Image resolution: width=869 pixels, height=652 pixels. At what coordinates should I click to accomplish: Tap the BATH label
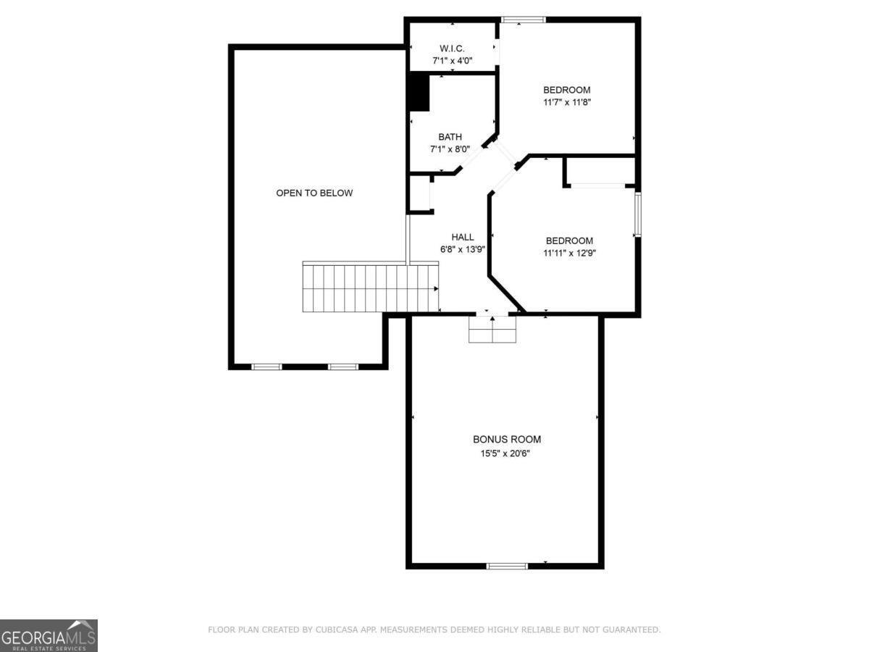coord(450,137)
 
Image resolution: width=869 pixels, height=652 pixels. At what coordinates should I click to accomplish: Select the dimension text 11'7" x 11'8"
coord(567,102)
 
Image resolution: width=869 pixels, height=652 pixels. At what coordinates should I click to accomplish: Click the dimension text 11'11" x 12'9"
coord(569,253)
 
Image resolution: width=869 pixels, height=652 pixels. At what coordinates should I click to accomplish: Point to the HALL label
coord(463,237)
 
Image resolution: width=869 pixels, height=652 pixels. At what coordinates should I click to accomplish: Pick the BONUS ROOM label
coord(507,439)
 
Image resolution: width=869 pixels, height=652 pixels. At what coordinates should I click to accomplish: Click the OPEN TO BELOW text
coord(314,193)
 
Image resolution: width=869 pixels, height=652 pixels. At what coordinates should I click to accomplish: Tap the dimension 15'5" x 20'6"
coord(507,453)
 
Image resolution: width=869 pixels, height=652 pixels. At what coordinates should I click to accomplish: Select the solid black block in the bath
coord(418,92)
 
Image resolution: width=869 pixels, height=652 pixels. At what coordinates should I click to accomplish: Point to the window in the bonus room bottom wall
coord(507,565)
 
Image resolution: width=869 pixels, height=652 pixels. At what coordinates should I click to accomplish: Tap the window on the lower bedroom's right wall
coord(637,214)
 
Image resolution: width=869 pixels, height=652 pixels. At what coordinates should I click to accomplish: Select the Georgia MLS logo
coord(49,635)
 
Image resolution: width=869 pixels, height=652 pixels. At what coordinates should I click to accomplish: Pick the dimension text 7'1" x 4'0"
coord(453,61)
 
